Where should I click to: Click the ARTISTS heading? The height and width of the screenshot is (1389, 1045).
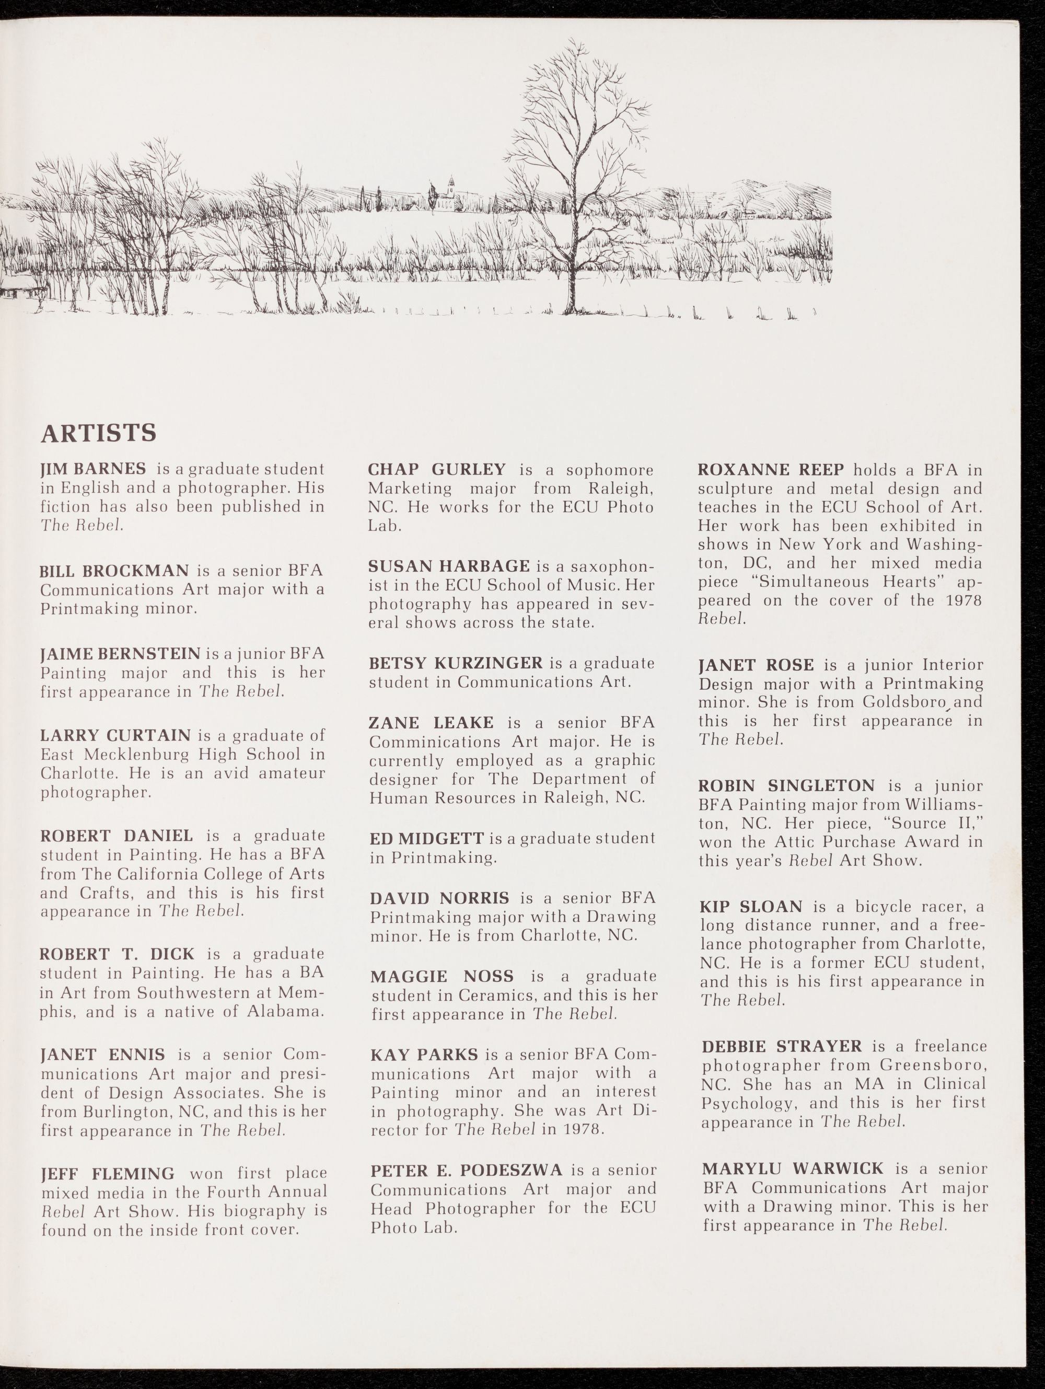click(98, 433)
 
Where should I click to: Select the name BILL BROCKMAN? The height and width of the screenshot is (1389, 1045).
click(114, 571)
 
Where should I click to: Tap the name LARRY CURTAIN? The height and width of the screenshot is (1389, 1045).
click(115, 735)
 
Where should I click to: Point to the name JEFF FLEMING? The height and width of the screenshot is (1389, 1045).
click(108, 1174)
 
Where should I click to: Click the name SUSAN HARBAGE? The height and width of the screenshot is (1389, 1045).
click(449, 566)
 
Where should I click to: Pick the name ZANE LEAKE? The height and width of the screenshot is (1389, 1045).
click(431, 723)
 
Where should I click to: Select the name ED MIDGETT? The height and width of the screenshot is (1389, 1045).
click(426, 838)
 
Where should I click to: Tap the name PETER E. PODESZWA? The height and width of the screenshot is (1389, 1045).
click(466, 1170)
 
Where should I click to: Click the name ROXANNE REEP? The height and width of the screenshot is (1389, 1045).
click(771, 470)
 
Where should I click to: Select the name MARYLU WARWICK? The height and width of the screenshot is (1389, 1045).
click(793, 1168)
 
